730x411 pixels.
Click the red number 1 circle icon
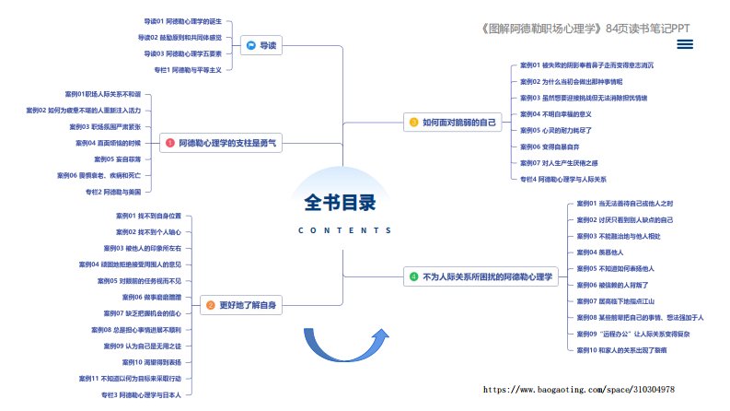(169, 143)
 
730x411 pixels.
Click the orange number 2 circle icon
(210, 305)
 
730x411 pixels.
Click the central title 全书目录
(341, 202)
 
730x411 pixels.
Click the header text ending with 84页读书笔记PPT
(585, 28)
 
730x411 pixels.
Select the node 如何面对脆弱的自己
(454, 122)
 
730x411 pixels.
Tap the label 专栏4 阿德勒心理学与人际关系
(563, 179)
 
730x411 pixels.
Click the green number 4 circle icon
(413, 276)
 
